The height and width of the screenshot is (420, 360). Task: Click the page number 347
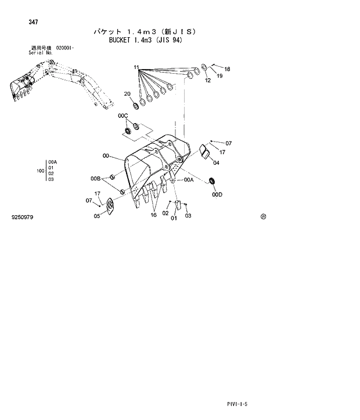tap(33, 22)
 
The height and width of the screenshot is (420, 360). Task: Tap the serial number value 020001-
tap(65, 48)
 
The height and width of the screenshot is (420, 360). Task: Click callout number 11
tap(136, 68)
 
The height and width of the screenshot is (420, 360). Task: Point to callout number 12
tap(207, 81)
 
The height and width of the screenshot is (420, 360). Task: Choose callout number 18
tap(226, 69)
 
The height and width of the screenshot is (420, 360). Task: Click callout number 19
tap(219, 76)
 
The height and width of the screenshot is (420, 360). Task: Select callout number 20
tap(127, 93)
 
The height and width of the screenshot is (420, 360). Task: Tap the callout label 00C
tap(123, 116)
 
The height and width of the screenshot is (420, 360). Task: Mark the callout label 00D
tap(217, 195)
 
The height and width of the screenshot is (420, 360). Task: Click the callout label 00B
tap(95, 179)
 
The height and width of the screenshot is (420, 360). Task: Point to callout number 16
tap(153, 215)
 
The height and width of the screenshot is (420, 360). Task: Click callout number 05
tap(97, 216)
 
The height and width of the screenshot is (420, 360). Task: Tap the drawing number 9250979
tap(23, 217)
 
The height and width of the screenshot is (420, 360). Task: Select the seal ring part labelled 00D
tap(213, 182)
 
